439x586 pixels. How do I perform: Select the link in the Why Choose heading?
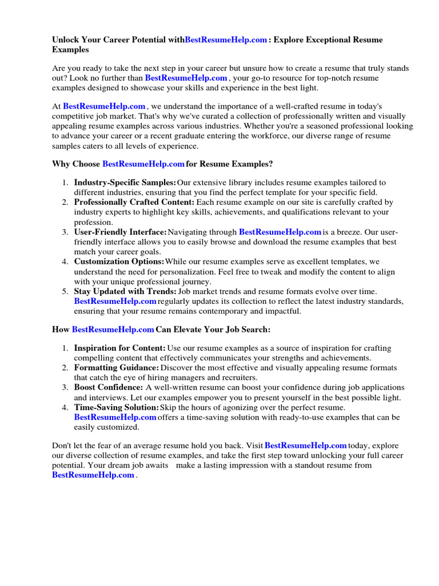pyautogui.click(x=143, y=164)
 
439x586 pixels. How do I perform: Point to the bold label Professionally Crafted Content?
pyautogui.click(x=134, y=202)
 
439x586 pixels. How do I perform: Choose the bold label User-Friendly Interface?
pyautogui.click(x=120, y=232)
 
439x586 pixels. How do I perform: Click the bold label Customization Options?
pyautogui.click(x=119, y=262)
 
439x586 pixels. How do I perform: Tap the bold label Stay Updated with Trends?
pyautogui.click(x=125, y=291)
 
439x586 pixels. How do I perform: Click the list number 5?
pyautogui.click(x=65, y=291)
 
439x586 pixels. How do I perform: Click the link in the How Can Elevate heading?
pyautogui.click(x=113, y=330)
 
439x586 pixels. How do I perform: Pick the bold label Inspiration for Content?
pyautogui.click(x=120, y=348)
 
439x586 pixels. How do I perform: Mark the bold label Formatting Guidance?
pyautogui.click(x=117, y=367)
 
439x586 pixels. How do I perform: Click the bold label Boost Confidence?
pyautogui.click(x=109, y=387)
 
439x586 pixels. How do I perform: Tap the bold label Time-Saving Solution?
pyautogui.click(x=116, y=407)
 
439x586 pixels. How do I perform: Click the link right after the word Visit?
pyautogui.click(x=306, y=445)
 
